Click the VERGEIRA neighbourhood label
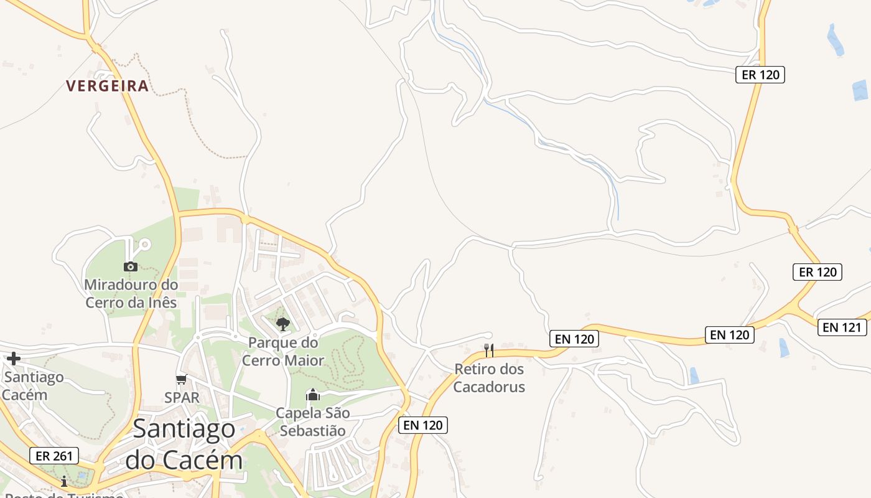pyautogui.click(x=108, y=86)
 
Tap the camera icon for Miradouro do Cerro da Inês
pyautogui.click(x=130, y=266)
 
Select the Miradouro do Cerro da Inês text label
pyautogui.click(x=131, y=294)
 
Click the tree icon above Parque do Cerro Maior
pyautogui.click(x=283, y=324)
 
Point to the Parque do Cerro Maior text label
pyautogui.click(x=283, y=351)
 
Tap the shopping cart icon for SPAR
pyautogui.click(x=182, y=379)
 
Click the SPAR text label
pyautogui.click(x=182, y=397)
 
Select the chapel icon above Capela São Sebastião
pyautogui.click(x=313, y=395)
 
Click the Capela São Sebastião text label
pyautogui.click(x=313, y=421)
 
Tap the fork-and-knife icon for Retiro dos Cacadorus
pyautogui.click(x=489, y=350)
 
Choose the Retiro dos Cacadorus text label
pyautogui.click(x=489, y=378)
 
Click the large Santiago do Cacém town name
pyautogui.click(x=184, y=444)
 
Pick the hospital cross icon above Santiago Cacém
pyautogui.click(x=14, y=359)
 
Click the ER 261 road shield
pyautogui.click(x=54, y=456)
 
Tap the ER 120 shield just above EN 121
pyautogui.click(x=817, y=272)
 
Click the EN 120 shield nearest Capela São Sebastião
pyautogui.click(x=423, y=425)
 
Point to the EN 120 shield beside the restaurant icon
pyautogui.click(x=574, y=339)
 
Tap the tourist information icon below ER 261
pyautogui.click(x=64, y=481)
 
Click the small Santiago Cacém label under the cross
pyautogui.click(x=34, y=386)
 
